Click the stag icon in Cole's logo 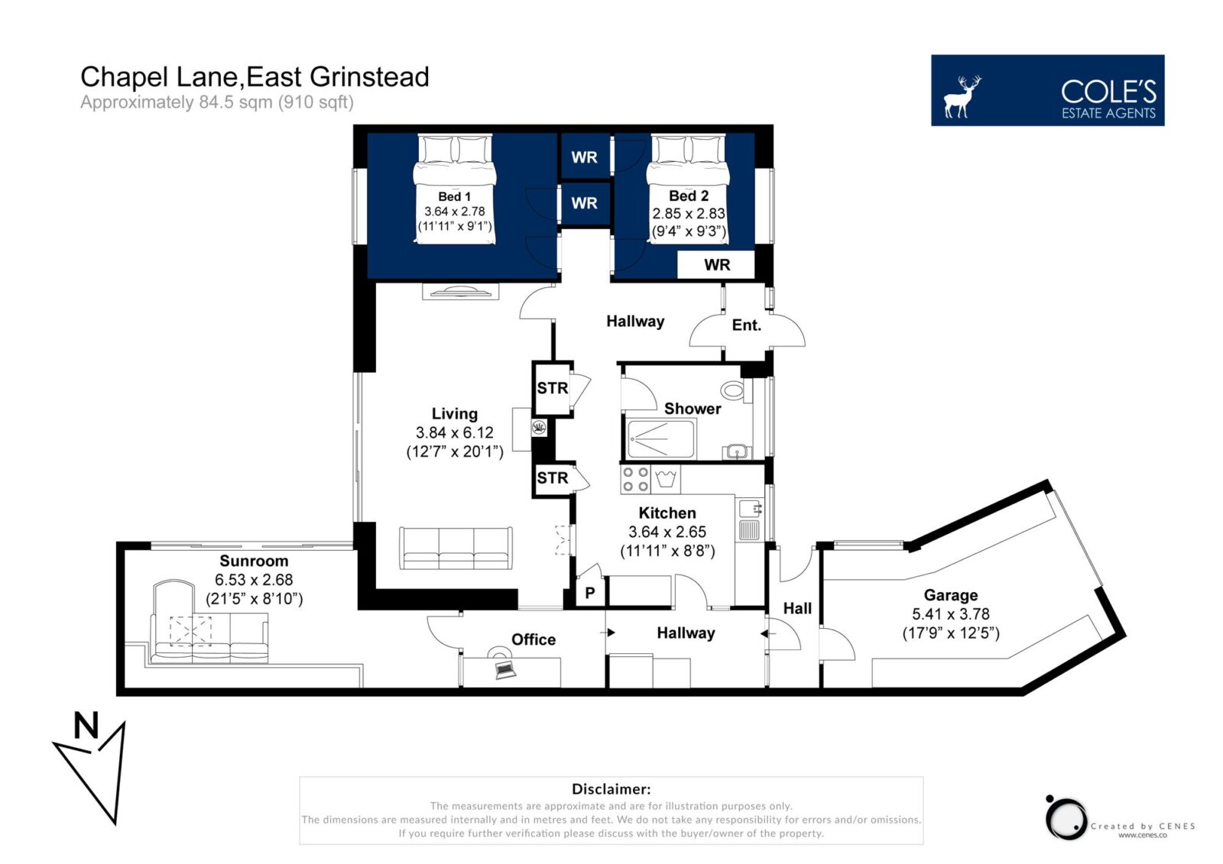coord(962,96)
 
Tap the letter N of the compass coord(86,726)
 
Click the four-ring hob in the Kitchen coord(635,479)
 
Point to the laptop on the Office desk coord(505,669)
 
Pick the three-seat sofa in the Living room coord(456,548)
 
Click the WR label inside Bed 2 coord(717,265)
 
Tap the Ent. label coord(746,325)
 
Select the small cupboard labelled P coord(589,592)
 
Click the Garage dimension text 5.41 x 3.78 coord(951,614)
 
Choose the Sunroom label coord(254,561)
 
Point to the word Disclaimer coord(611,788)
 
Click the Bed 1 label coord(454,196)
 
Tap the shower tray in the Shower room coord(660,438)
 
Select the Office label coord(534,639)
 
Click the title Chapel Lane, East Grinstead coord(255,77)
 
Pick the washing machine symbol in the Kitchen coord(666,479)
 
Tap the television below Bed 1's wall coord(461,292)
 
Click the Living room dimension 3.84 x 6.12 coord(454,432)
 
